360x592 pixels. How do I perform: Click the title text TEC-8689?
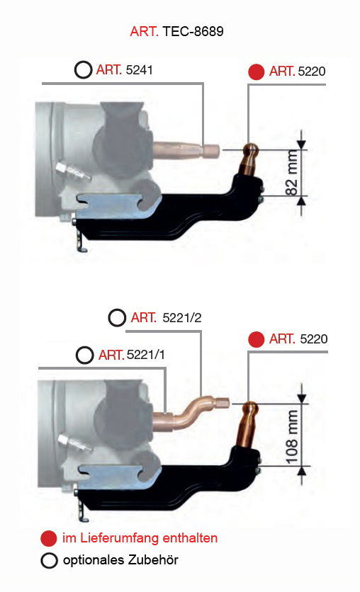[x=193, y=31]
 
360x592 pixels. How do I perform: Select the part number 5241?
[x=139, y=70]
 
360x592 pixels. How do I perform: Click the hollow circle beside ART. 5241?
[x=83, y=70]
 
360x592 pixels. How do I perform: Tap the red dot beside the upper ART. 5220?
[x=256, y=72]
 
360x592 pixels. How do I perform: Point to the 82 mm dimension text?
[x=292, y=172]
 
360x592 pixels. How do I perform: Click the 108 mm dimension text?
[x=292, y=437]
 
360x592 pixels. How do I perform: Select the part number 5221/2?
[x=182, y=317]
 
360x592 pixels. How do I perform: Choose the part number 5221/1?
[x=146, y=355]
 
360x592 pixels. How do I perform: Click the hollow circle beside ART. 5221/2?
[x=117, y=317]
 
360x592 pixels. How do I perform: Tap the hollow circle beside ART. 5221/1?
[x=84, y=355]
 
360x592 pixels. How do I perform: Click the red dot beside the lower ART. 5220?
[x=256, y=339]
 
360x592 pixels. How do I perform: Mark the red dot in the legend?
[x=49, y=538]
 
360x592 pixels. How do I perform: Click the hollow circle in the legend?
[x=49, y=561]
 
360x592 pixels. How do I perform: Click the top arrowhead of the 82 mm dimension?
[x=301, y=144]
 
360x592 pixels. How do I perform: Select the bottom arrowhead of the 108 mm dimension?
[x=301, y=472]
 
